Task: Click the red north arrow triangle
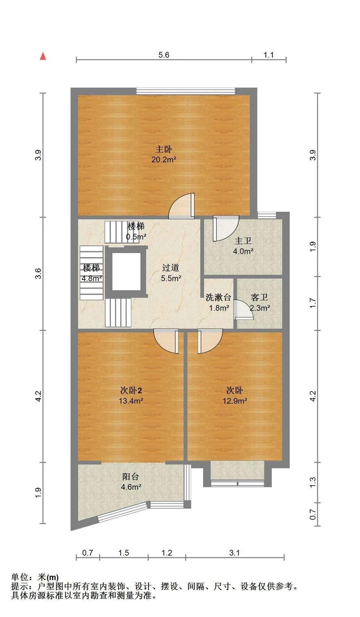[x=43, y=57]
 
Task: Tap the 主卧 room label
[x=164, y=149]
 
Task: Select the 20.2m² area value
[x=164, y=159]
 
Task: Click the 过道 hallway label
[x=171, y=268]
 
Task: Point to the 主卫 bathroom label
[x=243, y=241]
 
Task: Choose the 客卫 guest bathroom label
[x=259, y=297]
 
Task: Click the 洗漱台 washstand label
[x=218, y=297]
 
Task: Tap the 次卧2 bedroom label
[x=131, y=390]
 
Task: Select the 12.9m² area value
[x=235, y=401]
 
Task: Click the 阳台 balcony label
[x=131, y=477]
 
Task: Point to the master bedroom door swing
[x=182, y=206]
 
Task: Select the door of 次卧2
[x=166, y=341]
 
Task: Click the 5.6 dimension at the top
[x=164, y=55]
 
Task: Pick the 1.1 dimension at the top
[x=268, y=55]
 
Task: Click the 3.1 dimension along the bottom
[x=235, y=553]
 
